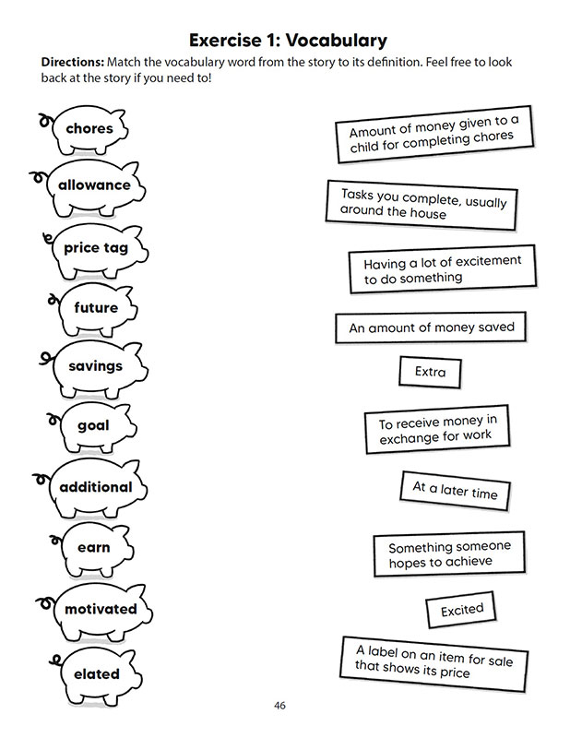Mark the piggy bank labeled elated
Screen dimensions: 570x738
[x=97, y=675]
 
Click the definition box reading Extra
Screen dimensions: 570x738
[x=430, y=373]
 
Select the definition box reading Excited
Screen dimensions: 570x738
[x=461, y=610]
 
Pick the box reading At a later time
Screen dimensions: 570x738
[x=455, y=491]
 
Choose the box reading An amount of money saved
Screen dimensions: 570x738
[x=431, y=327]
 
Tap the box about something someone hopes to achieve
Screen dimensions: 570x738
[x=449, y=554]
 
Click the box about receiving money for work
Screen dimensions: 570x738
[x=437, y=429]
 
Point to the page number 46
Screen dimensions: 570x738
[x=279, y=706]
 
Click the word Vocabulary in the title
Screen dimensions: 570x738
[x=337, y=41]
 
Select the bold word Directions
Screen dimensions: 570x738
[x=73, y=62]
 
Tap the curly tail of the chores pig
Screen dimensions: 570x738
[x=44, y=121]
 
